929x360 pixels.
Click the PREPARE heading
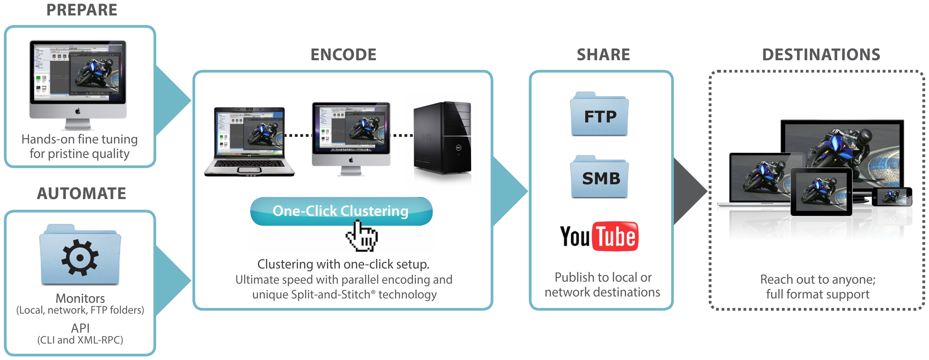click(82, 10)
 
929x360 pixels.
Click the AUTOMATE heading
click(82, 193)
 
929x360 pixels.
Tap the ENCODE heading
click(343, 55)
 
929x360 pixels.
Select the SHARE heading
click(603, 55)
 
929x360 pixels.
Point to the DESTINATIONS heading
click(821, 55)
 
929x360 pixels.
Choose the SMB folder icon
click(599, 178)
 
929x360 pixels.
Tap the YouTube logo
click(599, 237)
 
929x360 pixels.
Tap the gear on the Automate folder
click(80, 258)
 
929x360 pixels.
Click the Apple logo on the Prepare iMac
click(78, 112)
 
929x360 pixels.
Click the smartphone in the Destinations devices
click(891, 196)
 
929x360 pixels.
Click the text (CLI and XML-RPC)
click(80, 340)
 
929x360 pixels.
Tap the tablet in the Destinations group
click(821, 192)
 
